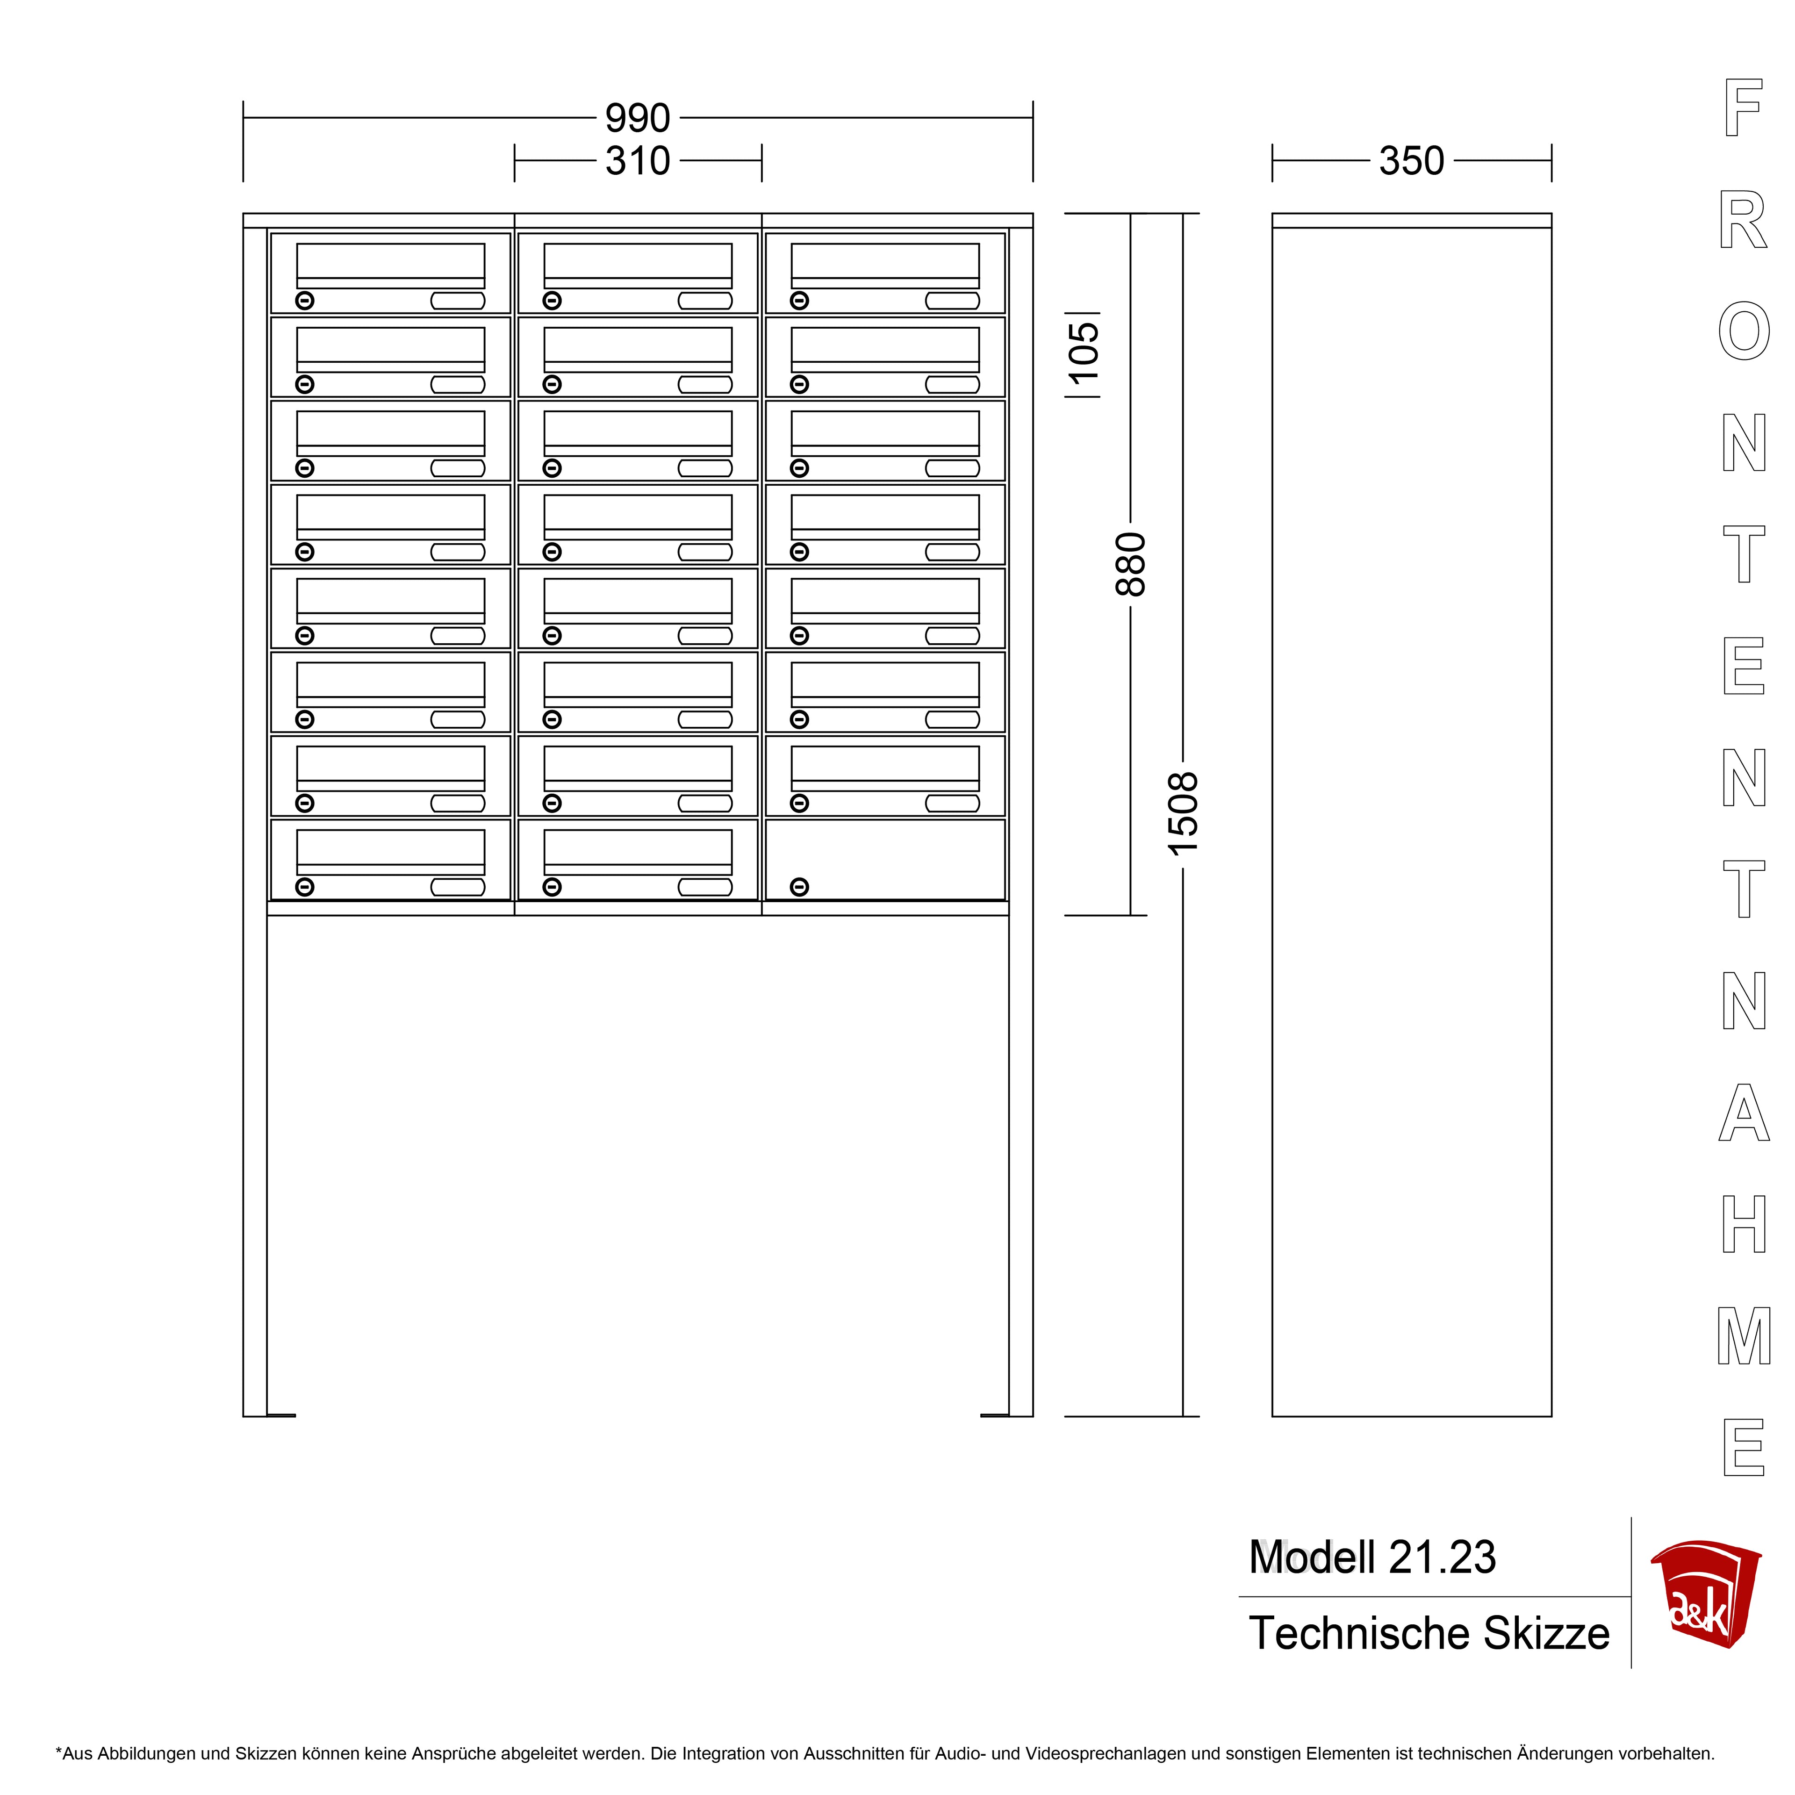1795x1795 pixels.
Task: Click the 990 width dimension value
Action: (637, 118)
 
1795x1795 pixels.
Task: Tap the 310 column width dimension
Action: (637, 161)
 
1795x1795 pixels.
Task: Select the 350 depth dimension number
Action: (1411, 161)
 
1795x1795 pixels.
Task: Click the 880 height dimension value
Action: (1131, 564)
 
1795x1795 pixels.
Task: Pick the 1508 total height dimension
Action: (1183, 814)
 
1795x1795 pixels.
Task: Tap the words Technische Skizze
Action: (1429, 1633)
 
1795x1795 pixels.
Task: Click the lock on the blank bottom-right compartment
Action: (799, 887)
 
